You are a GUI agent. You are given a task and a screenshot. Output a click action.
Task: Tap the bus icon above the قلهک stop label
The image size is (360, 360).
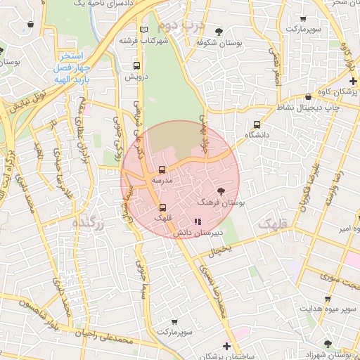click(x=163, y=207)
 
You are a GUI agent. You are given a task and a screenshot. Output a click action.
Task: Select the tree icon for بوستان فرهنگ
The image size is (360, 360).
click(x=221, y=191)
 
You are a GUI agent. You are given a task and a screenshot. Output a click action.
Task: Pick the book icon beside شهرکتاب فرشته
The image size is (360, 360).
click(x=144, y=30)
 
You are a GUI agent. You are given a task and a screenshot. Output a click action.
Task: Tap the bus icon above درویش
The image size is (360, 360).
click(x=137, y=66)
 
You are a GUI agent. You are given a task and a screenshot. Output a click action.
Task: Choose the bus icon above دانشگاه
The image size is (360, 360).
click(x=257, y=124)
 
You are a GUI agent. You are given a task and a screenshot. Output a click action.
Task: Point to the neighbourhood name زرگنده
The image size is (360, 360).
click(x=89, y=224)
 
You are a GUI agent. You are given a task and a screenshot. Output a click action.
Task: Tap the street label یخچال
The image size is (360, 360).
click(x=220, y=249)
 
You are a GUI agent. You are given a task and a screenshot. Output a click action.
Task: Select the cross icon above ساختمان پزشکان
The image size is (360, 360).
click(x=226, y=346)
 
